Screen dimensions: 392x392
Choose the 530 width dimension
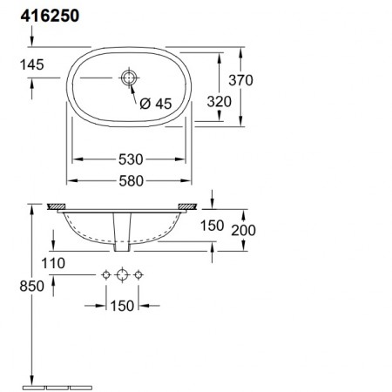[132, 159]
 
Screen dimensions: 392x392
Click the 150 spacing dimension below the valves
[122, 305]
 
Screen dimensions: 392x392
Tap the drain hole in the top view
[130, 79]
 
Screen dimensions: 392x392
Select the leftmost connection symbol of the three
[107, 275]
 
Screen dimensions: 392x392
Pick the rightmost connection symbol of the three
[138, 275]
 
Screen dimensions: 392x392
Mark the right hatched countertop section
[189, 206]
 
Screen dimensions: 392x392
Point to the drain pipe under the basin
[123, 230]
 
